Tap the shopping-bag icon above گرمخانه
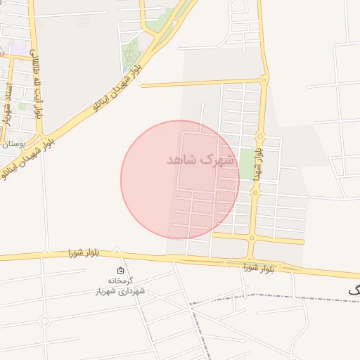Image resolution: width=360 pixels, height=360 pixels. point(120,271)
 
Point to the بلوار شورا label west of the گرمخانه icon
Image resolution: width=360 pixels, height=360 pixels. point(84,252)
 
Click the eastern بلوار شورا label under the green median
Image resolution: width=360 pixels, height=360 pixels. point(259,267)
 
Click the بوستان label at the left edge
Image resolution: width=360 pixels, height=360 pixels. point(12,143)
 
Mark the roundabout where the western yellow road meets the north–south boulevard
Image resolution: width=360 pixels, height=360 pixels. point(264,79)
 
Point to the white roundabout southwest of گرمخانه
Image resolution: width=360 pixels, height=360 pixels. point(45,321)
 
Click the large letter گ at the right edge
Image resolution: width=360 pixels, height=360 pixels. point(354,290)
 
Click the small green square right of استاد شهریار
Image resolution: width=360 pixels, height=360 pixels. point(22,107)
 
